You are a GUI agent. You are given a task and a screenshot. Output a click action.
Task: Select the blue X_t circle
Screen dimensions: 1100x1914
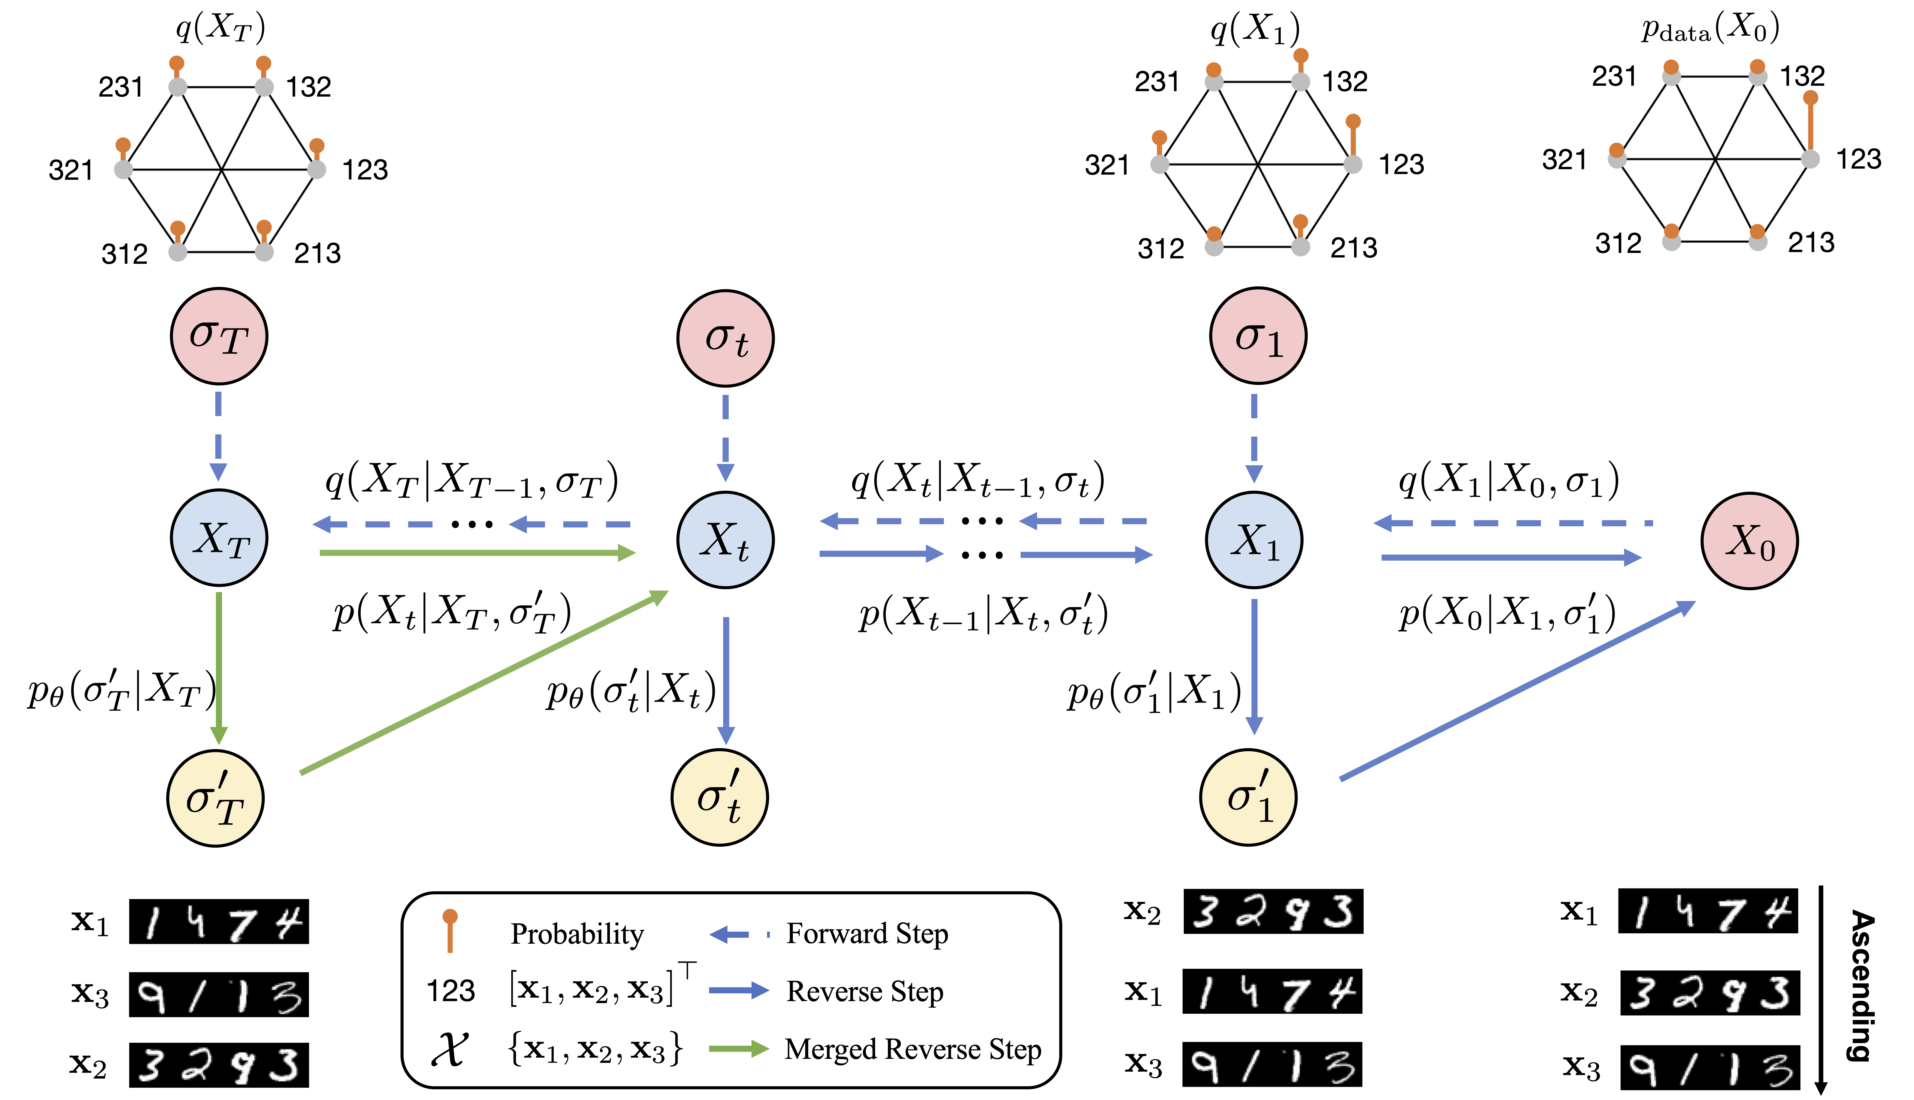point(725,540)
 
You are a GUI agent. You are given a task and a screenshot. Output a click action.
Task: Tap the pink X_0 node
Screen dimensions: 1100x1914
point(1749,541)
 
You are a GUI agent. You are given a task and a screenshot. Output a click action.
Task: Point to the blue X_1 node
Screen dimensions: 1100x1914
point(1254,540)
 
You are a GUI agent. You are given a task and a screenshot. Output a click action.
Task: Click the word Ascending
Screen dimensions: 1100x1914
point(1863,986)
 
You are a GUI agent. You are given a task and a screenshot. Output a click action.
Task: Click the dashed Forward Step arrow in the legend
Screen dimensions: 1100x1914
point(739,935)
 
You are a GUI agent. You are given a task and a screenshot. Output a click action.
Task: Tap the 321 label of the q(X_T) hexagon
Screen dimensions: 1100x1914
point(70,170)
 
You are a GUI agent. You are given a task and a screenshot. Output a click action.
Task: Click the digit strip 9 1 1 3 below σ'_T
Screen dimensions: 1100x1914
point(219,994)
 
